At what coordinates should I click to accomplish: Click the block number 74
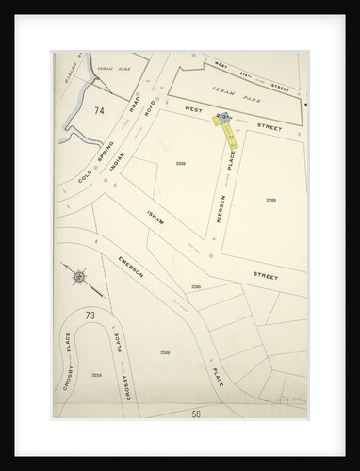tap(72, 111)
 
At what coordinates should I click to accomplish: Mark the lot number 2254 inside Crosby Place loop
tap(96, 375)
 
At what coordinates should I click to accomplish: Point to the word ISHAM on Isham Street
tap(158, 221)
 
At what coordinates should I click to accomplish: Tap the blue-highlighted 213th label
tap(223, 116)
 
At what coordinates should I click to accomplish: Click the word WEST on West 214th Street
tap(221, 64)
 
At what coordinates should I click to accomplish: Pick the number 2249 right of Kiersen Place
tap(271, 200)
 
